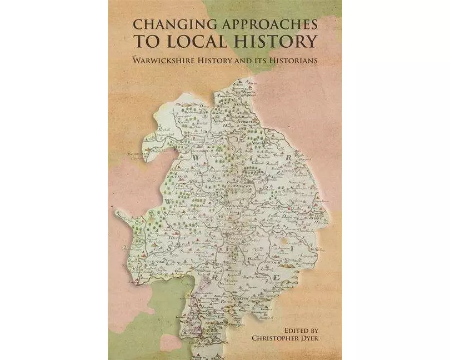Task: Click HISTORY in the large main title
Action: (x=283, y=41)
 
